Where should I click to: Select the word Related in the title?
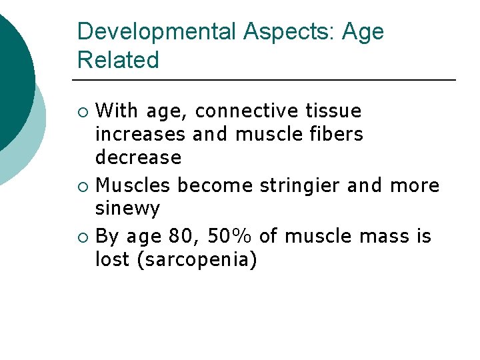[118, 60]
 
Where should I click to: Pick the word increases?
[141, 134]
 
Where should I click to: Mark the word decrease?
[138, 158]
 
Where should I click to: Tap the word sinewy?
[128, 209]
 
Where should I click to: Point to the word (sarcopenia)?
[196, 260]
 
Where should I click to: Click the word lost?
[112, 260]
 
